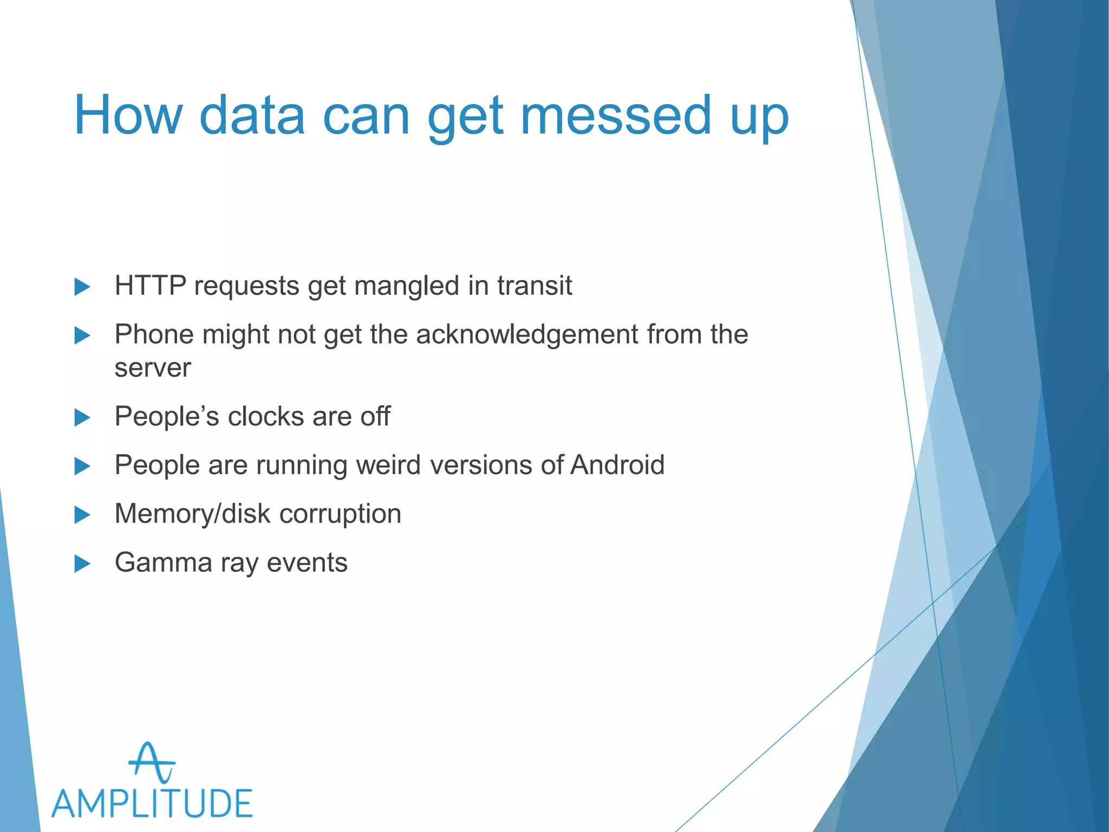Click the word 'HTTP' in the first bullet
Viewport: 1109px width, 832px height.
[151, 285]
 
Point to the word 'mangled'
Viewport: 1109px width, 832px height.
[406, 287]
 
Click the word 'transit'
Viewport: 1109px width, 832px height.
[534, 285]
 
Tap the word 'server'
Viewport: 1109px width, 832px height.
[153, 368]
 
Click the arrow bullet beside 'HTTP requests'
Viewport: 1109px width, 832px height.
[82, 287]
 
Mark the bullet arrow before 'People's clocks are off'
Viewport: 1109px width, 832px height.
[82, 418]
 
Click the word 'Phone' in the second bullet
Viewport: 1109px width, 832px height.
[154, 334]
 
